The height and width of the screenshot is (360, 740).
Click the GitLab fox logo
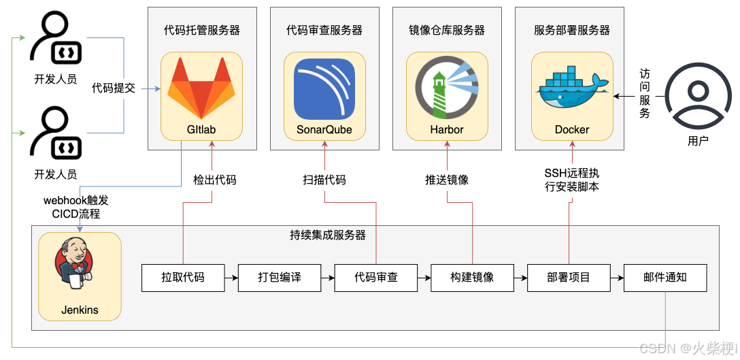click(201, 88)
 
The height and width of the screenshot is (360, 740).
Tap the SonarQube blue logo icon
click(324, 89)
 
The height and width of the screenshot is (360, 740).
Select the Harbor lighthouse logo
click(447, 89)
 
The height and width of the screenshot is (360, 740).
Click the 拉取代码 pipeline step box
click(183, 278)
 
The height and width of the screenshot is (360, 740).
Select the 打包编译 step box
click(280, 278)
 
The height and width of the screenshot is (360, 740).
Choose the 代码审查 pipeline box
click(376, 278)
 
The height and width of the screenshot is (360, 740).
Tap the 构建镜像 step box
click(473, 278)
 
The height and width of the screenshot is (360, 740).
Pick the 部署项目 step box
click(569, 278)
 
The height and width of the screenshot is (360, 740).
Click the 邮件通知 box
click(665, 278)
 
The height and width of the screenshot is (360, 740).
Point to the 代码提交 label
click(114, 88)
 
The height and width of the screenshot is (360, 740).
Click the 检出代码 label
click(215, 180)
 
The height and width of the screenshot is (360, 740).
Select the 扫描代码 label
click(324, 180)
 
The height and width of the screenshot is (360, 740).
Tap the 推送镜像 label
click(447, 180)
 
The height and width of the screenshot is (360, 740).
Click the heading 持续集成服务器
click(328, 235)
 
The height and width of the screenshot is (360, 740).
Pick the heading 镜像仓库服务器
click(447, 30)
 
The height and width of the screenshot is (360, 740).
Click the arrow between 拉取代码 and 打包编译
click(231, 278)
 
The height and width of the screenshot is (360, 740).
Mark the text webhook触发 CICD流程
click(76, 207)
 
